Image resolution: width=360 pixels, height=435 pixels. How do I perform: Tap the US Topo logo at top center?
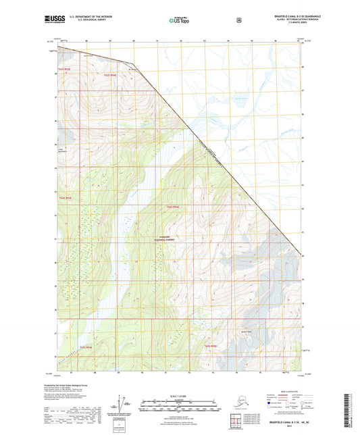(x=179, y=21)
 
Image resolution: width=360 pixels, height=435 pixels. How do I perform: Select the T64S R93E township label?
(x=66, y=197)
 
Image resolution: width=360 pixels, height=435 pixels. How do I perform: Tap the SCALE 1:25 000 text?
(x=179, y=394)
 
